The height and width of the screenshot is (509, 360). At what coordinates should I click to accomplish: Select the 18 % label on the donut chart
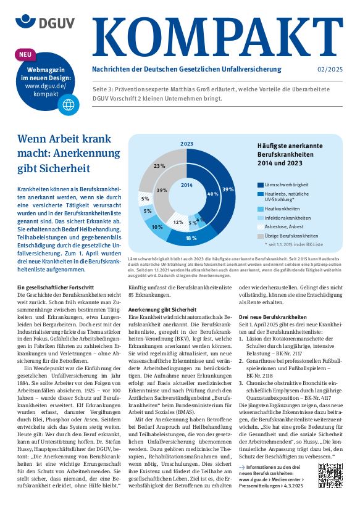point(191,238)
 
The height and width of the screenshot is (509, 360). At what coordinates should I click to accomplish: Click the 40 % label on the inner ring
point(212,194)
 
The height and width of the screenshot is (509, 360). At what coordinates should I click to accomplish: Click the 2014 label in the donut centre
point(186,185)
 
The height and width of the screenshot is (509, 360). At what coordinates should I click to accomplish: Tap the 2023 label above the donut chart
point(186,143)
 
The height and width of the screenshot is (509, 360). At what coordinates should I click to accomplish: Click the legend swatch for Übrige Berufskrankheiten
point(261,235)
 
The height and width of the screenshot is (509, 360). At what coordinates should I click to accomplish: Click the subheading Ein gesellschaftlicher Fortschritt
point(56,288)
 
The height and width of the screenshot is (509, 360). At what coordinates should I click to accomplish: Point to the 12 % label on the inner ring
point(178,221)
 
